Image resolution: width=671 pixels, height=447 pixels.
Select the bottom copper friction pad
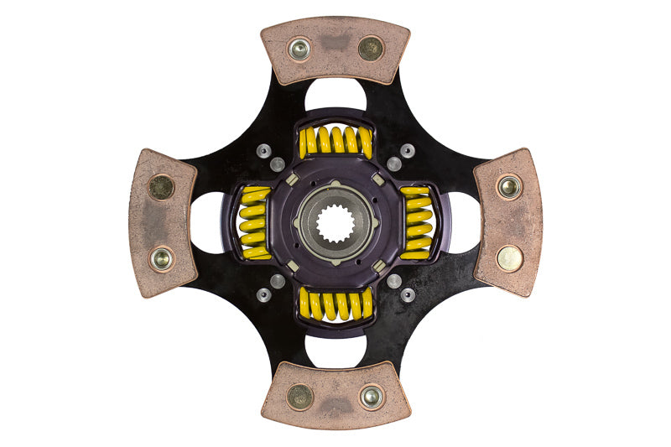335,395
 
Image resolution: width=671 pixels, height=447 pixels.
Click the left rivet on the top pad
299,49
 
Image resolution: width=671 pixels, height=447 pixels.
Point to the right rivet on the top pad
370,49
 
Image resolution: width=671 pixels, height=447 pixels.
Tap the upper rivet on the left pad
161,186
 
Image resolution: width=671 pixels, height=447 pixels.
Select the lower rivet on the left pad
162,259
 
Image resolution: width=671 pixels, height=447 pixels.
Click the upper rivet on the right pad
508,186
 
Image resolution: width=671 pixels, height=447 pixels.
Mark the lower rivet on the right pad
509,257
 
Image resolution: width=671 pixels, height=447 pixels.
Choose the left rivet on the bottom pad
299,397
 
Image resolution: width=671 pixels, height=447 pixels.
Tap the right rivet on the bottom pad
371,396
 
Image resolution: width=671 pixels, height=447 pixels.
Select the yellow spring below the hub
335,304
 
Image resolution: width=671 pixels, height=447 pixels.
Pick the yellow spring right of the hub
416,223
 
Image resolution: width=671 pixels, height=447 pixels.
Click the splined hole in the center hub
335,223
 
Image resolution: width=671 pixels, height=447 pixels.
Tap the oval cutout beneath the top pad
335,96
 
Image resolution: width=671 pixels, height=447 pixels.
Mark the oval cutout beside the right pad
463,223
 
